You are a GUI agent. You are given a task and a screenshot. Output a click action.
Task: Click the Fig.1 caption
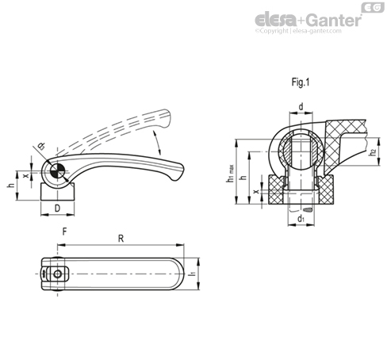301,82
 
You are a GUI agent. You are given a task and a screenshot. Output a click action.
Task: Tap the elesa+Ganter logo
308,20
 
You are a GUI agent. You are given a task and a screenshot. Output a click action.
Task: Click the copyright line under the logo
298,31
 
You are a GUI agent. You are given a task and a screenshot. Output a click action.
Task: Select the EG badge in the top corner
373,8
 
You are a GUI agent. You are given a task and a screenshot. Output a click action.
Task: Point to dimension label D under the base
57,209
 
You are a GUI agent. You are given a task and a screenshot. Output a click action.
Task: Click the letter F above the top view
64,232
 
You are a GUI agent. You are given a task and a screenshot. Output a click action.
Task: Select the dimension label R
121,239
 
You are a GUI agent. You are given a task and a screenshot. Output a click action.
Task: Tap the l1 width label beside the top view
193,274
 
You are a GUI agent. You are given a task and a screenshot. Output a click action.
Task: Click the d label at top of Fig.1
301,106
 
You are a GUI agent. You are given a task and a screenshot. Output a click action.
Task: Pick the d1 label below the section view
301,219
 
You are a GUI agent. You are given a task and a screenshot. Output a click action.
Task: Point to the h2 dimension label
373,153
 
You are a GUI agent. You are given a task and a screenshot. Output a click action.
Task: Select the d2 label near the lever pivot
41,147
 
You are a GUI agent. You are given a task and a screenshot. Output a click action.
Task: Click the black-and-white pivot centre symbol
57,171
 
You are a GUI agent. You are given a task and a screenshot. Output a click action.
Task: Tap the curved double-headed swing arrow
157,143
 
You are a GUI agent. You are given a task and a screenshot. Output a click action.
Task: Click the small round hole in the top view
57,274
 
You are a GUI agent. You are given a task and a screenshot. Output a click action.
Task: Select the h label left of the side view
11,186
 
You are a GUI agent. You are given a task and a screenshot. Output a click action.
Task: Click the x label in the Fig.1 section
256,191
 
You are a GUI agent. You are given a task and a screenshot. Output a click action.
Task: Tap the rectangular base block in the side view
57,192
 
